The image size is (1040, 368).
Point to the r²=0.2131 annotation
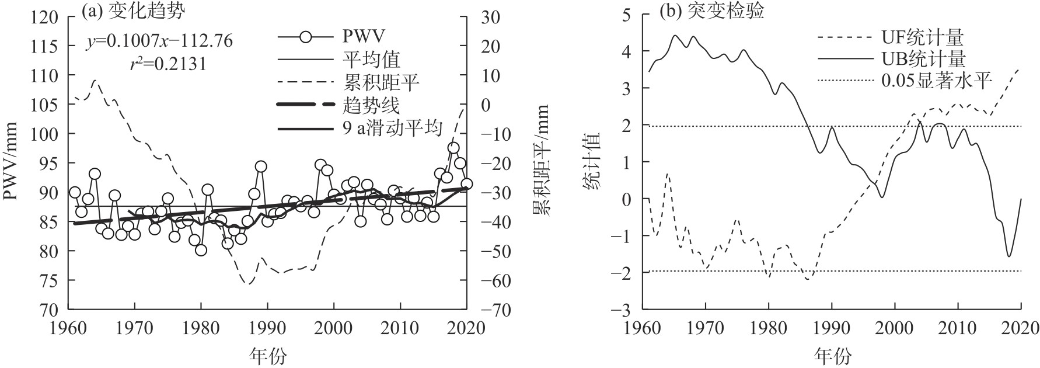(x=167, y=63)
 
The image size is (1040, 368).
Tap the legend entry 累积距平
(x=380, y=82)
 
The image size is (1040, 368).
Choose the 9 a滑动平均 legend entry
(x=393, y=127)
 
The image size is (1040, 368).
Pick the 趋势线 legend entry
(x=371, y=105)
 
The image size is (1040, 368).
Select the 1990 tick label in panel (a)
(x=267, y=328)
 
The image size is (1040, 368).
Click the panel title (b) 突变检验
(x=711, y=11)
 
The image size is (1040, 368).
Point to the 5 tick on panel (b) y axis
(x=627, y=15)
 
